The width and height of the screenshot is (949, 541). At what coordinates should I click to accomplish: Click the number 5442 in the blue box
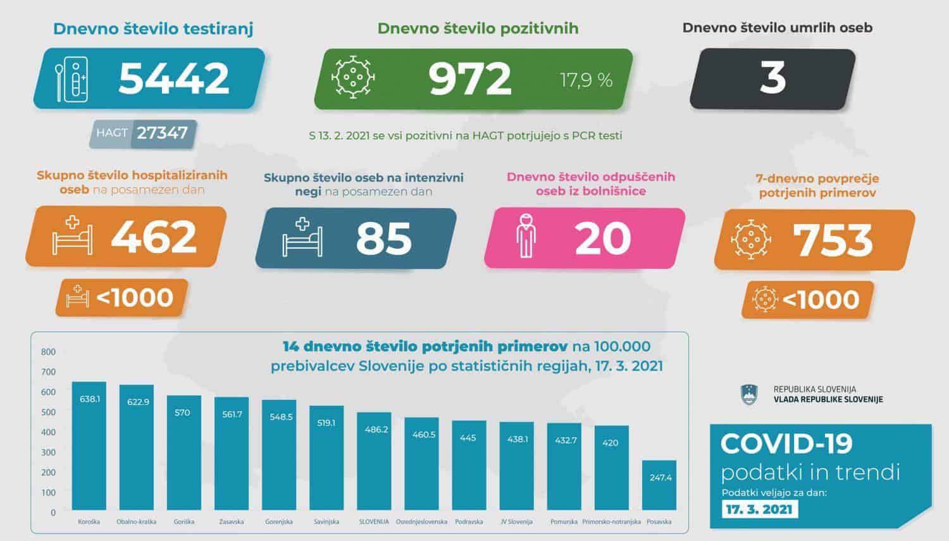click(x=173, y=78)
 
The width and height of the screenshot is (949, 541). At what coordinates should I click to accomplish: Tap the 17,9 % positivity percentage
click(x=586, y=80)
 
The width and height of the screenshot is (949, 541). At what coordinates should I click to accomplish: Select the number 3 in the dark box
click(x=772, y=78)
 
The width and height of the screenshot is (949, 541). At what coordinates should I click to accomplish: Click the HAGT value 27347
click(x=163, y=133)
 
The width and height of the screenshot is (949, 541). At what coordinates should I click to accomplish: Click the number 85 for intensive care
click(x=383, y=238)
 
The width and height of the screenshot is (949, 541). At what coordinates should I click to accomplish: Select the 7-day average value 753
click(x=833, y=240)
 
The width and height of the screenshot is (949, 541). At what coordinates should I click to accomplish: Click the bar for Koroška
click(x=89, y=446)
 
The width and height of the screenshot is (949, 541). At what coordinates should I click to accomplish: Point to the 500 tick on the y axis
click(x=48, y=412)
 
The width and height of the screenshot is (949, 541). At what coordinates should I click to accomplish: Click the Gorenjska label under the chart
click(x=278, y=522)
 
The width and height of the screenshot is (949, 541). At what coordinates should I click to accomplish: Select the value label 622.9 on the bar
click(x=137, y=402)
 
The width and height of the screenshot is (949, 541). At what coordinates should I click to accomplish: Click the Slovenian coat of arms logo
click(x=748, y=394)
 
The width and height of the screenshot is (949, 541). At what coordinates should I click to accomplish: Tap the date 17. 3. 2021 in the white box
click(x=759, y=509)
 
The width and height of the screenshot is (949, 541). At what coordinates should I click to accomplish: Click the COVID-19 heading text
click(x=786, y=444)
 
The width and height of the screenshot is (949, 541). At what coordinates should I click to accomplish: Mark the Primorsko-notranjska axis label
click(x=611, y=522)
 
